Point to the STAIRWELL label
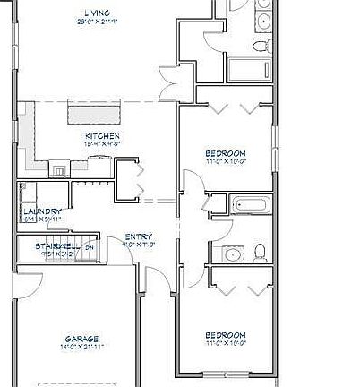pyautogui.click(x=54, y=245)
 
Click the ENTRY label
pyautogui.click(x=138, y=236)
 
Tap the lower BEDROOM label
pyautogui.click(x=226, y=335)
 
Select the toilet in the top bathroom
pyautogui.click(x=260, y=47)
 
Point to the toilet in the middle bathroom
pyautogui.click(x=260, y=251)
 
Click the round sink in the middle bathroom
pyautogui.click(x=232, y=255)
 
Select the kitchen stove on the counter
pyautogui.click(x=58, y=167)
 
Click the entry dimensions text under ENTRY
pyautogui.click(x=138, y=245)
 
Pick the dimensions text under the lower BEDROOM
pyautogui.click(x=226, y=344)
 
